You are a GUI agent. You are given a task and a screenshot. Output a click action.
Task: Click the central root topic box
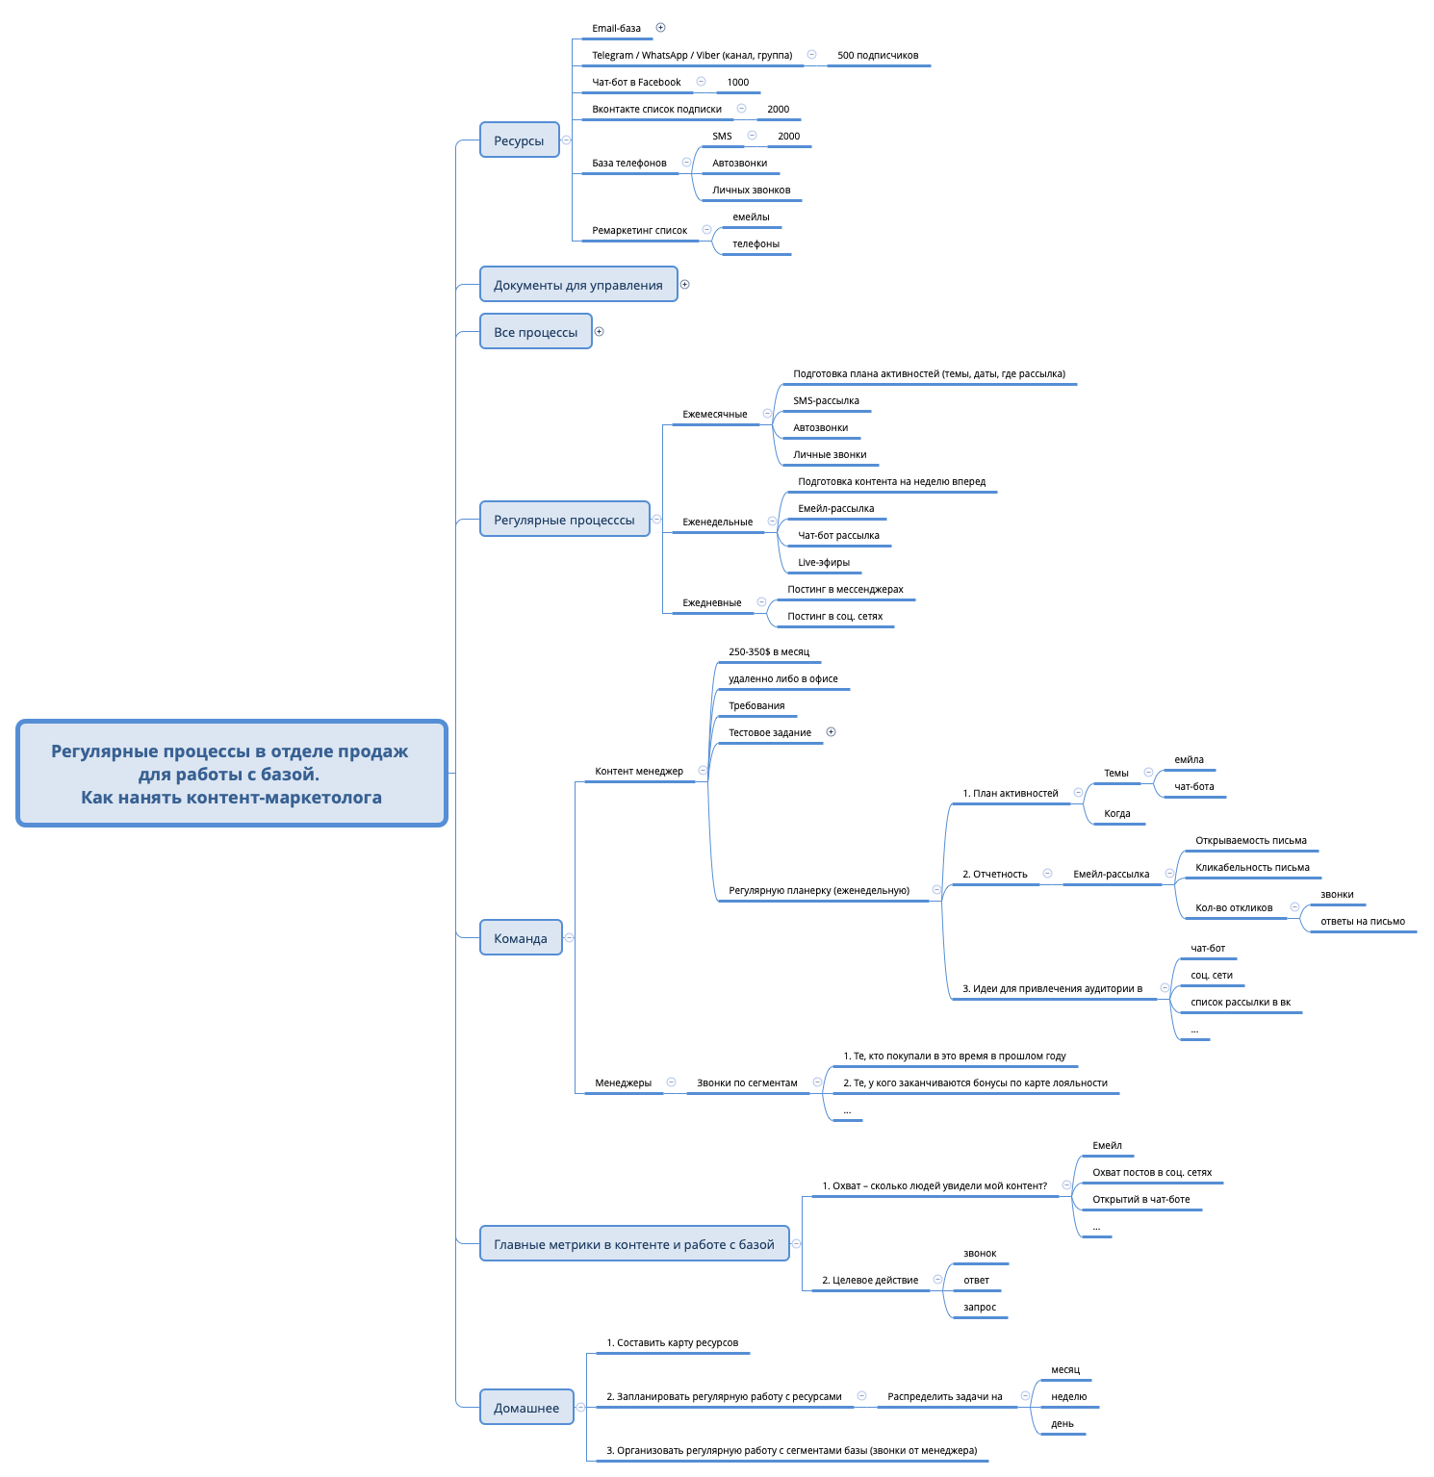click(232, 774)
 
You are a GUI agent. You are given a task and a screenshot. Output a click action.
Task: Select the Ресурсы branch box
click(519, 140)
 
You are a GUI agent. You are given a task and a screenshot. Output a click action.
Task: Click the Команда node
click(521, 938)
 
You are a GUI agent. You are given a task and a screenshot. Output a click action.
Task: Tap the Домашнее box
click(526, 1408)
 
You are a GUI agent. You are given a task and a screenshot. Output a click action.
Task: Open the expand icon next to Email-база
click(660, 28)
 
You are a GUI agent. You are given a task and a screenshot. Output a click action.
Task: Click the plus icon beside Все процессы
click(599, 332)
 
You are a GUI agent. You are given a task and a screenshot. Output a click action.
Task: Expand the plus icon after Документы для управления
click(684, 285)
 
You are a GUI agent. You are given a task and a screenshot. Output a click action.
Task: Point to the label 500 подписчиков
click(878, 56)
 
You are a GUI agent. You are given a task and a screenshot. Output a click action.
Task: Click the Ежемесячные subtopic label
click(715, 415)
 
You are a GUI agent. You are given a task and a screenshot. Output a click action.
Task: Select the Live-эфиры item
click(824, 563)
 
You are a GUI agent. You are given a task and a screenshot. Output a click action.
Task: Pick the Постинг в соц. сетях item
click(834, 617)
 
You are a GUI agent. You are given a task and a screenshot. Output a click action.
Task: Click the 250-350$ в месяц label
click(769, 652)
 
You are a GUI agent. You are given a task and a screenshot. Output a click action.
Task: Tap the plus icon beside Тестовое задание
click(831, 732)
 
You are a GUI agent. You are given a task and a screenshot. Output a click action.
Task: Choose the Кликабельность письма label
click(1252, 868)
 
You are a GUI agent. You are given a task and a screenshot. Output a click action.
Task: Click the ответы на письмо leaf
click(1362, 922)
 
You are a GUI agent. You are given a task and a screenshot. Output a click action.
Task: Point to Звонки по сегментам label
click(747, 1083)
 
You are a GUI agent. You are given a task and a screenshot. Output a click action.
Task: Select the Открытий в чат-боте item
click(1140, 1200)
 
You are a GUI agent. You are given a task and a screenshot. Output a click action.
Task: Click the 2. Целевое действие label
click(870, 1281)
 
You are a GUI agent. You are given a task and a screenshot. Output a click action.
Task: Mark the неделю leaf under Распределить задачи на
click(1068, 1397)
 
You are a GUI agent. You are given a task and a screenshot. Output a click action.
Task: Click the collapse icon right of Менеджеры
click(671, 1082)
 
